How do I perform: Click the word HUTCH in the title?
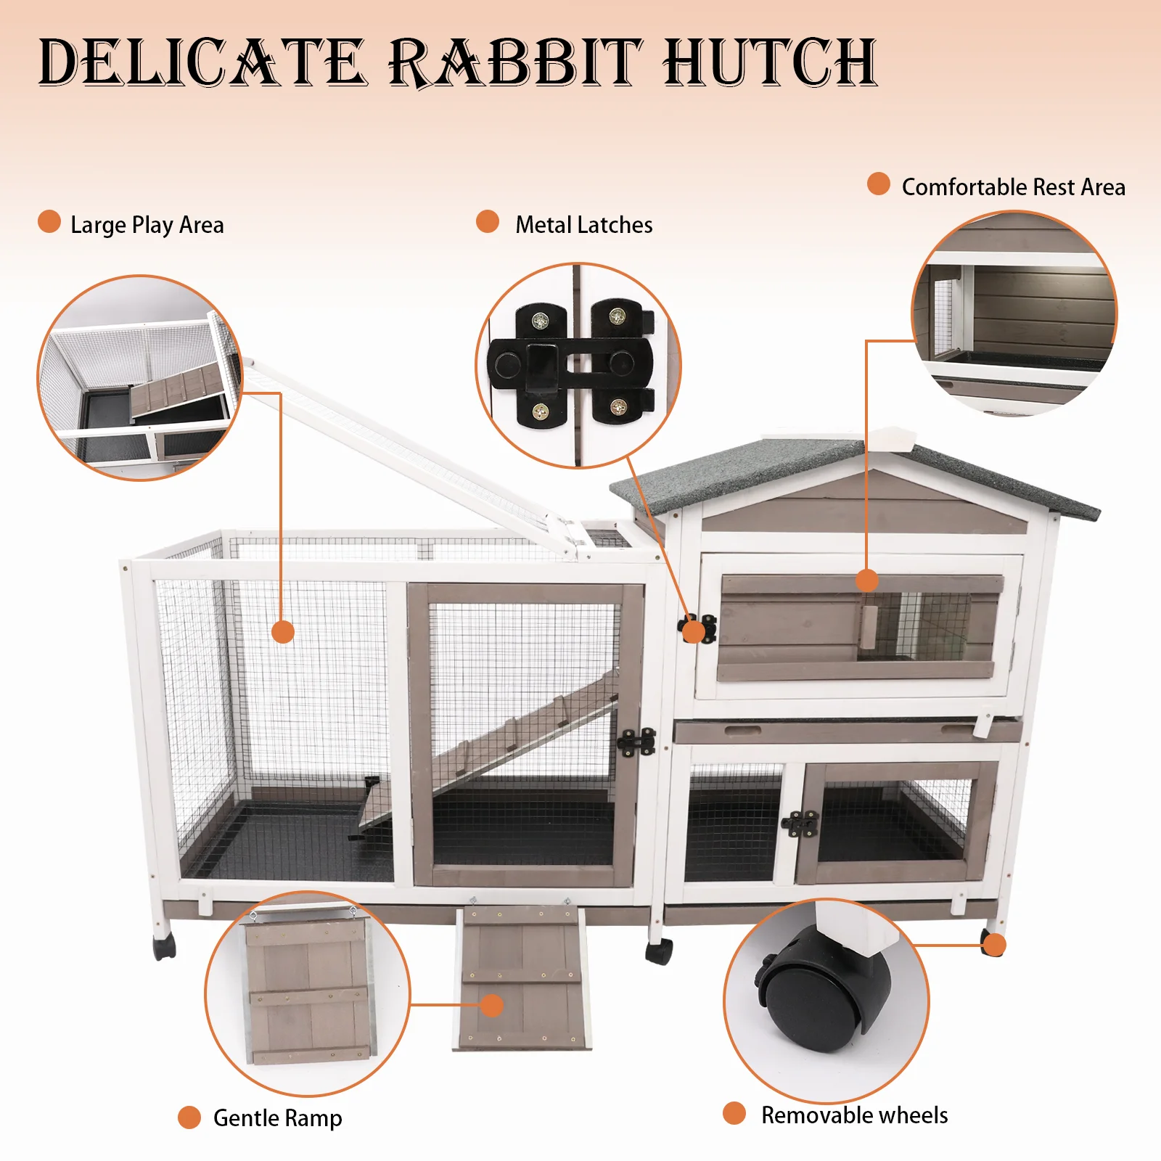[770, 62]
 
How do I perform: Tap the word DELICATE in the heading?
[202, 62]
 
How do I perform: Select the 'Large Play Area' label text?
[147, 225]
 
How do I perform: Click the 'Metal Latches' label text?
[584, 225]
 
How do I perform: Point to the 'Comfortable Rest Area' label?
[1014, 187]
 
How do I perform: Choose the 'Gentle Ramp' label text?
[278, 1118]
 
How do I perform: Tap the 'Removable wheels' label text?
[855, 1115]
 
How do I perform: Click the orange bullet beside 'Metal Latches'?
[488, 222]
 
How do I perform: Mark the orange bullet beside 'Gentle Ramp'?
[189, 1117]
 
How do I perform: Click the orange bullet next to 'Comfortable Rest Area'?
[879, 184]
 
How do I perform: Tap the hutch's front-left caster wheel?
[165, 945]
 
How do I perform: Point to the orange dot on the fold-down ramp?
[492, 1005]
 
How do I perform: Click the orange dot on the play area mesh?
[283, 631]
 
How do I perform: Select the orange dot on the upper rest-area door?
[867, 580]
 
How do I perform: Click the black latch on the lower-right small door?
[800, 824]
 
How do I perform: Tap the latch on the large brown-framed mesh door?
[636, 742]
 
